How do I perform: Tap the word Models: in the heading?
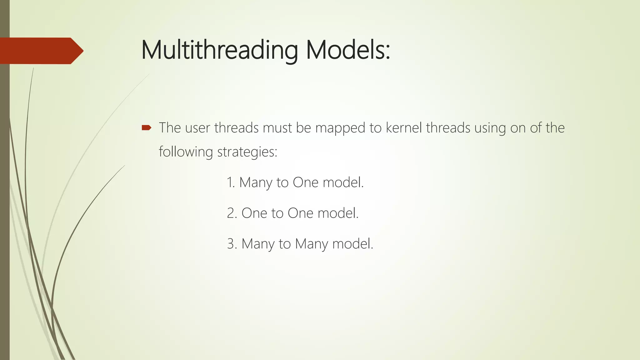(x=348, y=50)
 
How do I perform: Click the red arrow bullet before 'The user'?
(x=146, y=127)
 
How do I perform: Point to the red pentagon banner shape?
(x=41, y=51)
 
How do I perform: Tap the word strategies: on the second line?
(x=247, y=152)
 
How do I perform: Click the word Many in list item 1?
(x=256, y=182)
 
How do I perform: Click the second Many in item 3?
(x=311, y=244)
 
